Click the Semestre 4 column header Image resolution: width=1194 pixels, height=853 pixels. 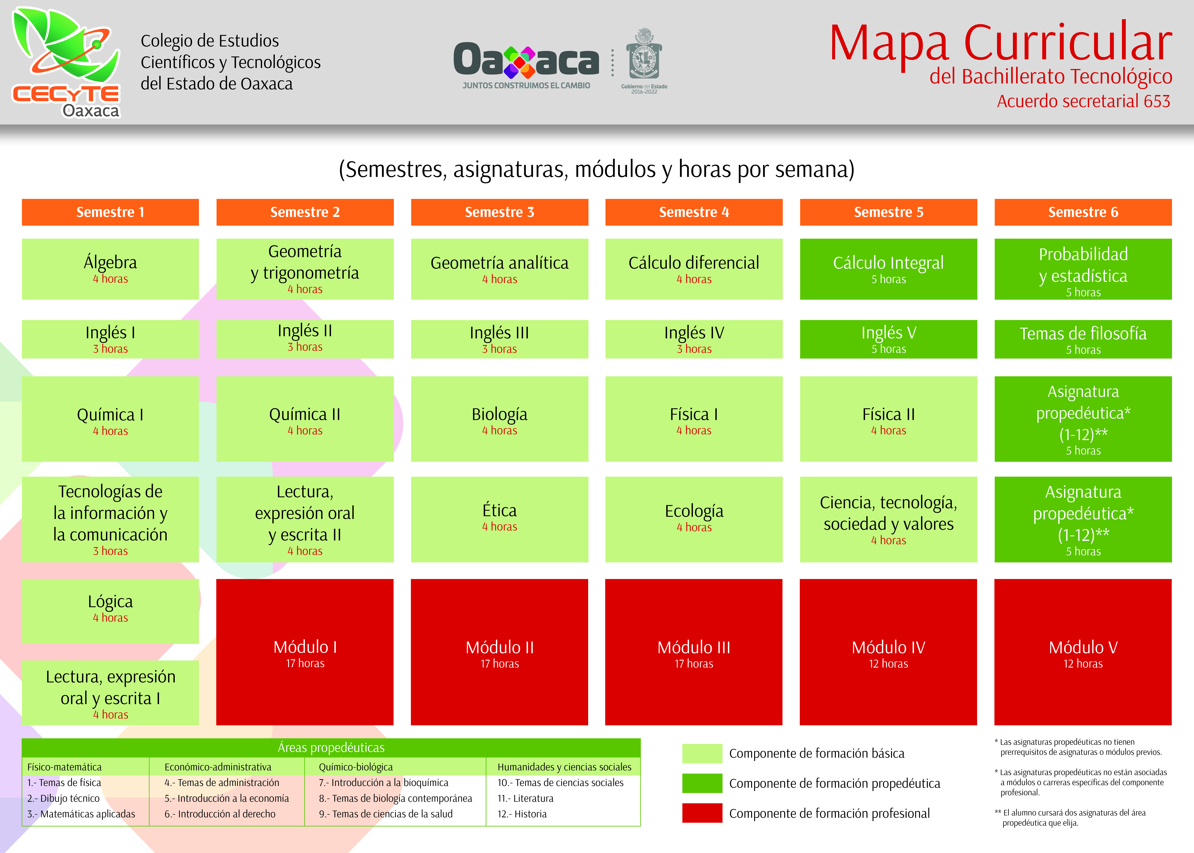pyautogui.click(x=694, y=212)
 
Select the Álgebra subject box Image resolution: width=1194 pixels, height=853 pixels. pyautogui.click(x=110, y=269)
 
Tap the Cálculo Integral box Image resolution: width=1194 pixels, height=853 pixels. pyautogui.click(x=888, y=269)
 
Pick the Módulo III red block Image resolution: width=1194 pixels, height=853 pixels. pyautogui.click(x=694, y=652)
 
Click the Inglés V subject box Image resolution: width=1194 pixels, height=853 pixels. pyautogui.click(x=888, y=339)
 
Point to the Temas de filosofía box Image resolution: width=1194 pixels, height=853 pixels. pyautogui.click(x=1083, y=339)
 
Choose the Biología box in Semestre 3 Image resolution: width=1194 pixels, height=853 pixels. pyautogui.click(x=499, y=419)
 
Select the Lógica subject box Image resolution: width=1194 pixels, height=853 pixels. pyautogui.click(x=110, y=611)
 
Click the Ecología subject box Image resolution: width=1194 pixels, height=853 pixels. pyautogui.click(x=694, y=520)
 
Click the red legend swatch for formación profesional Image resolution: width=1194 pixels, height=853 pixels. pyautogui.click(x=702, y=813)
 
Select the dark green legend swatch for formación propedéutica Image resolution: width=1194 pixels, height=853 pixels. pyautogui.click(x=702, y=783)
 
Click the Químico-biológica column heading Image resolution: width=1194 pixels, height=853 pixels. pyautogui.click(x=355, y=767)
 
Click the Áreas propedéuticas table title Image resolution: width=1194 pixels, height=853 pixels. pyautogui.click(x=331, y=747)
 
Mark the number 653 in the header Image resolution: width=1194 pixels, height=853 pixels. pyautogui.click(x=1154, y=101)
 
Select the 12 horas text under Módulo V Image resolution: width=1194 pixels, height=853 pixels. pyautogui.click(x=1083, y=664)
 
